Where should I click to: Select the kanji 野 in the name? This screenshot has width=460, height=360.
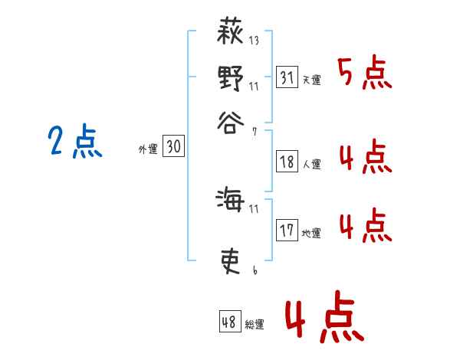(231, 78)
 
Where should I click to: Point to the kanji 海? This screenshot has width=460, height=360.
(231, 201)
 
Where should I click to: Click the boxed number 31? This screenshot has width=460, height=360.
(287, 77)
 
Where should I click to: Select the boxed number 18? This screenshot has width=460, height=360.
(287, 161)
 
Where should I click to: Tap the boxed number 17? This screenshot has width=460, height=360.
(287, 231)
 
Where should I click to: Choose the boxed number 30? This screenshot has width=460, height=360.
(174, 147)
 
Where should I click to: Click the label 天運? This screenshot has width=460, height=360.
(311, 80)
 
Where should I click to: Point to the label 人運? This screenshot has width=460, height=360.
(311, 164)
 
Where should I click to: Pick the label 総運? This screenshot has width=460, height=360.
(255, 325)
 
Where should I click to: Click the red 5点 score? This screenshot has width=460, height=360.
(365, 74)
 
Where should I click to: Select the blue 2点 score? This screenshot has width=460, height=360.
(75, 142)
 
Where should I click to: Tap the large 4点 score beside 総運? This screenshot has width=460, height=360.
(322, 319)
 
